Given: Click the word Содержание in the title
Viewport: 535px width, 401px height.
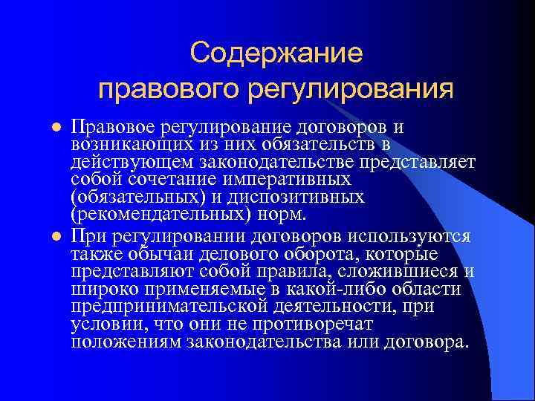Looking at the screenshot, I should tap(276, 53).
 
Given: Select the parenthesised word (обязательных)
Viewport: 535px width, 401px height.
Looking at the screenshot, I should tap(137, 198).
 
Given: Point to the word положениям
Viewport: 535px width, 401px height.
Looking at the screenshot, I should tap(126, 342).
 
